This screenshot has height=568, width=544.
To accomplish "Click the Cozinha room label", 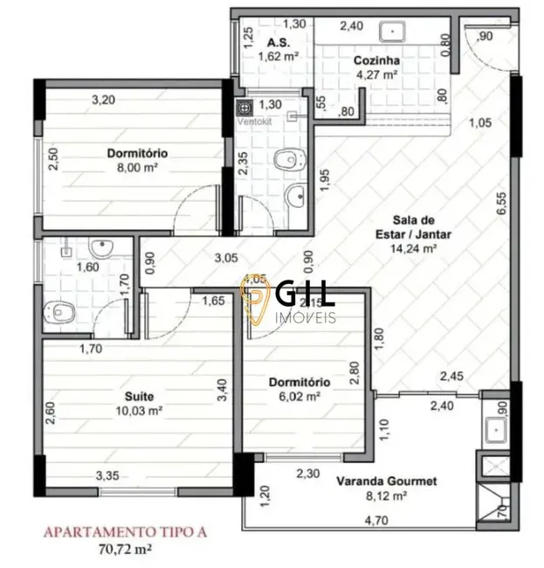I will pos(376,61).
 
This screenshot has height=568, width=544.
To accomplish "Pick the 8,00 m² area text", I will pos(137,169).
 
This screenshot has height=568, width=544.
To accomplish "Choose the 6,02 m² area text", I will pos(298,397).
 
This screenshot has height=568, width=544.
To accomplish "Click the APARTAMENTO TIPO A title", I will pos(126,530).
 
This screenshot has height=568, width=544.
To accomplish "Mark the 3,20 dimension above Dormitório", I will pos(105,99).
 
